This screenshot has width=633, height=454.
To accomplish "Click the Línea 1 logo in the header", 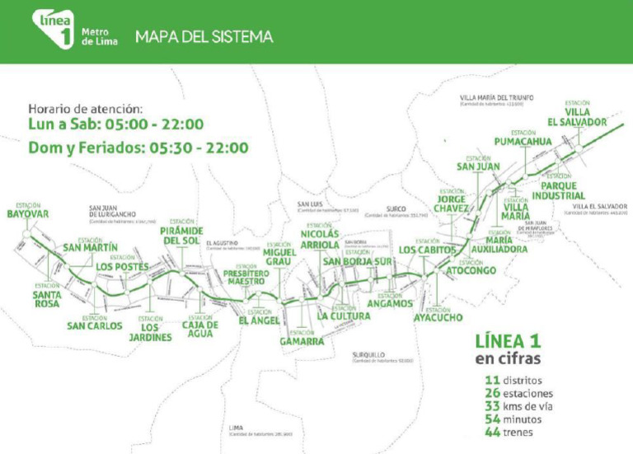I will (54, 30).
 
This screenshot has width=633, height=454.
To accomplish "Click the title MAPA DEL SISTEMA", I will (204, 37).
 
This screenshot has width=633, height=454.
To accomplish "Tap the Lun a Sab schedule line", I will (115, 124).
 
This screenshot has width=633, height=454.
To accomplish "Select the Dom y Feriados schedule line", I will (138, 148).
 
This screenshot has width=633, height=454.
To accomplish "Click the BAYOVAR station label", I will (28, 214).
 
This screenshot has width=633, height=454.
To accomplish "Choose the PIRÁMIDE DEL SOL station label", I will (181, 236).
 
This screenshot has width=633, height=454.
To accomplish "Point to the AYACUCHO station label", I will (438, 316).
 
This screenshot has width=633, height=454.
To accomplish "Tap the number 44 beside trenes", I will (493, 432).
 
